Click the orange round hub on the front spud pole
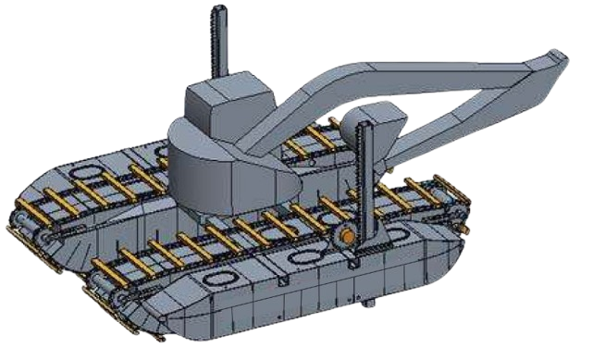(346, 237)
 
